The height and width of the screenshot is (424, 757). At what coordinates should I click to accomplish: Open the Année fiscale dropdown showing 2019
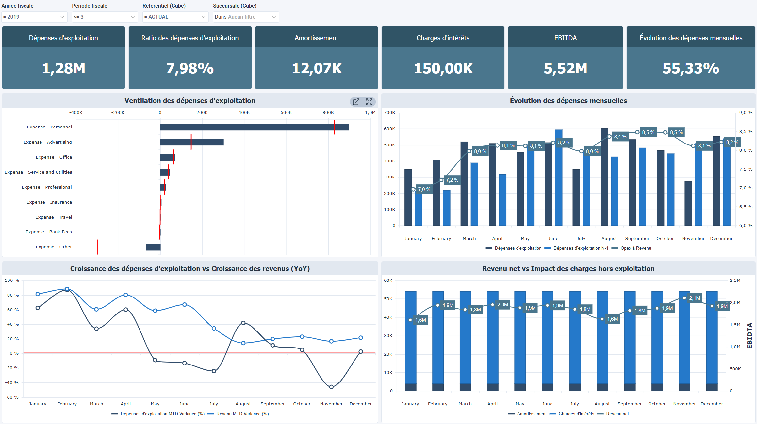point(34,17)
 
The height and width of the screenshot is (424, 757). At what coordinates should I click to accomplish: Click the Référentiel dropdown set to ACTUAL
point(175,17)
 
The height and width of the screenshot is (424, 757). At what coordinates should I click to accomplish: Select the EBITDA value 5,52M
point(565,68)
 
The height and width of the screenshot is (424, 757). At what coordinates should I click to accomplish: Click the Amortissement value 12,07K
point(316,68)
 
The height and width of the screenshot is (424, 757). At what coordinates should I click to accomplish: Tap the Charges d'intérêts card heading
point(443,38)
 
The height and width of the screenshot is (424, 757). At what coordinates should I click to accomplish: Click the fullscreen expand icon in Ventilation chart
point(369,102)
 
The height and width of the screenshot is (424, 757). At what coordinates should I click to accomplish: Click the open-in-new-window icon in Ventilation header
point(356,102)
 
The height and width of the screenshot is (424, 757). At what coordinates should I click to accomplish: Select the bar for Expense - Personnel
point(254,127)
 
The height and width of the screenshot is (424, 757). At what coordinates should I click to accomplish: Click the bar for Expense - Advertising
point(191,142)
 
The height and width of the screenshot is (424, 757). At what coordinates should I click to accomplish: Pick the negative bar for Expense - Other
point(153,247)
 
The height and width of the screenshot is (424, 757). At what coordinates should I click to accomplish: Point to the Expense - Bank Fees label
point(49,232)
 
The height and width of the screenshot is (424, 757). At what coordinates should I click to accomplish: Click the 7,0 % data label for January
point(424,189)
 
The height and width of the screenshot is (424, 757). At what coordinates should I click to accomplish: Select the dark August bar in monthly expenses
point(604,177)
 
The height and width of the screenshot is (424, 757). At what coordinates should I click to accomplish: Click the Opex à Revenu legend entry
point(635,248)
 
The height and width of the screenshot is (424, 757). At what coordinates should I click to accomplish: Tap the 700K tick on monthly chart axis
point(389,113)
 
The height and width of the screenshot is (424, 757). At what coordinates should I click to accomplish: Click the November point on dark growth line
point(331,387)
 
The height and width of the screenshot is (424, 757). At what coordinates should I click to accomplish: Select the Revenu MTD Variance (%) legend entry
point(242,414)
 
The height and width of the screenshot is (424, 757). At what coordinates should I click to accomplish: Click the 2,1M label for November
point(694,298)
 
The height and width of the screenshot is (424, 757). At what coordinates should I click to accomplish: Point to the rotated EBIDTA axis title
point(749,336)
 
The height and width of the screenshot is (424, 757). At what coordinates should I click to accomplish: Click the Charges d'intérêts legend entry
point(576,414)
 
